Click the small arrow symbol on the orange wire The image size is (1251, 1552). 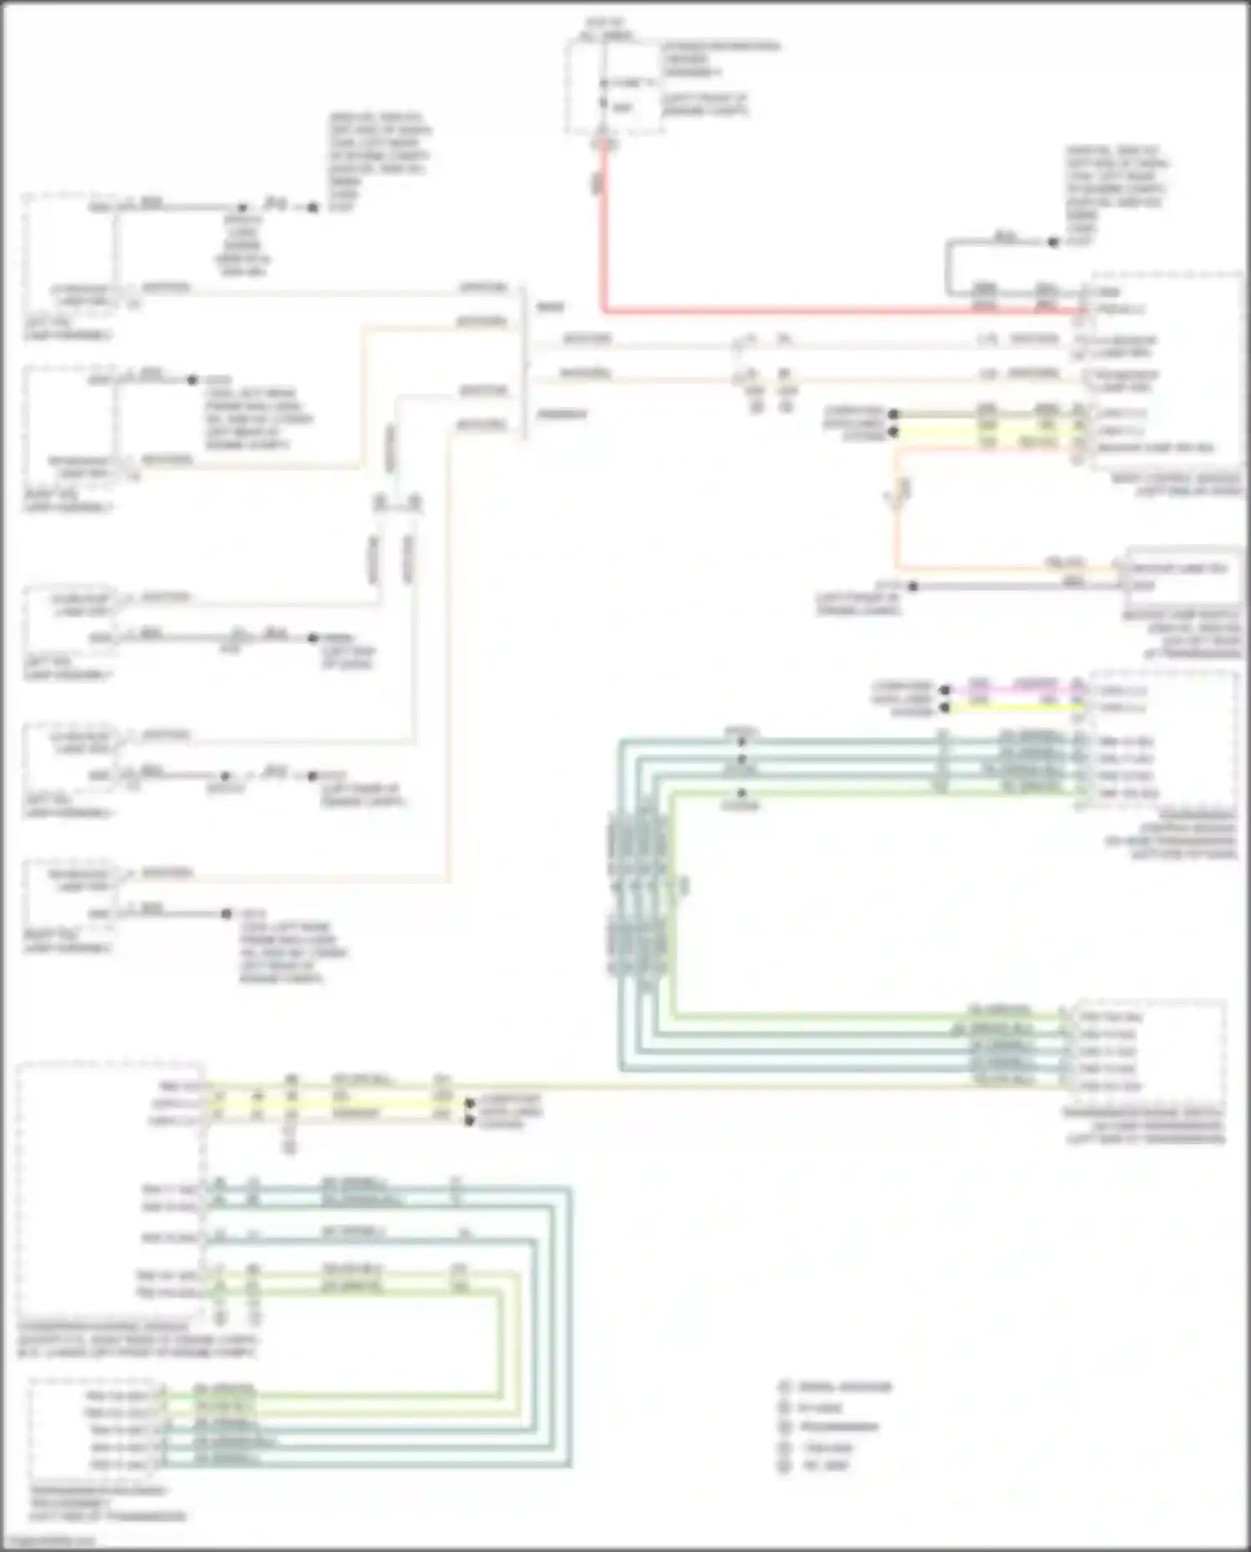[x=897, y=494]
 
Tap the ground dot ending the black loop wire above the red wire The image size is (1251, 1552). [x=1053, y=243]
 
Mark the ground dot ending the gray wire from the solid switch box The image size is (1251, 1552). [x=912, y=586]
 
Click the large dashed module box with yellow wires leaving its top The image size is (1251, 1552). [x=108, y=1193]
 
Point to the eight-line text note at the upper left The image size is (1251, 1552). [x=379, y=163]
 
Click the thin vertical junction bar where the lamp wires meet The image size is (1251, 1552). [x=525, y=363]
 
